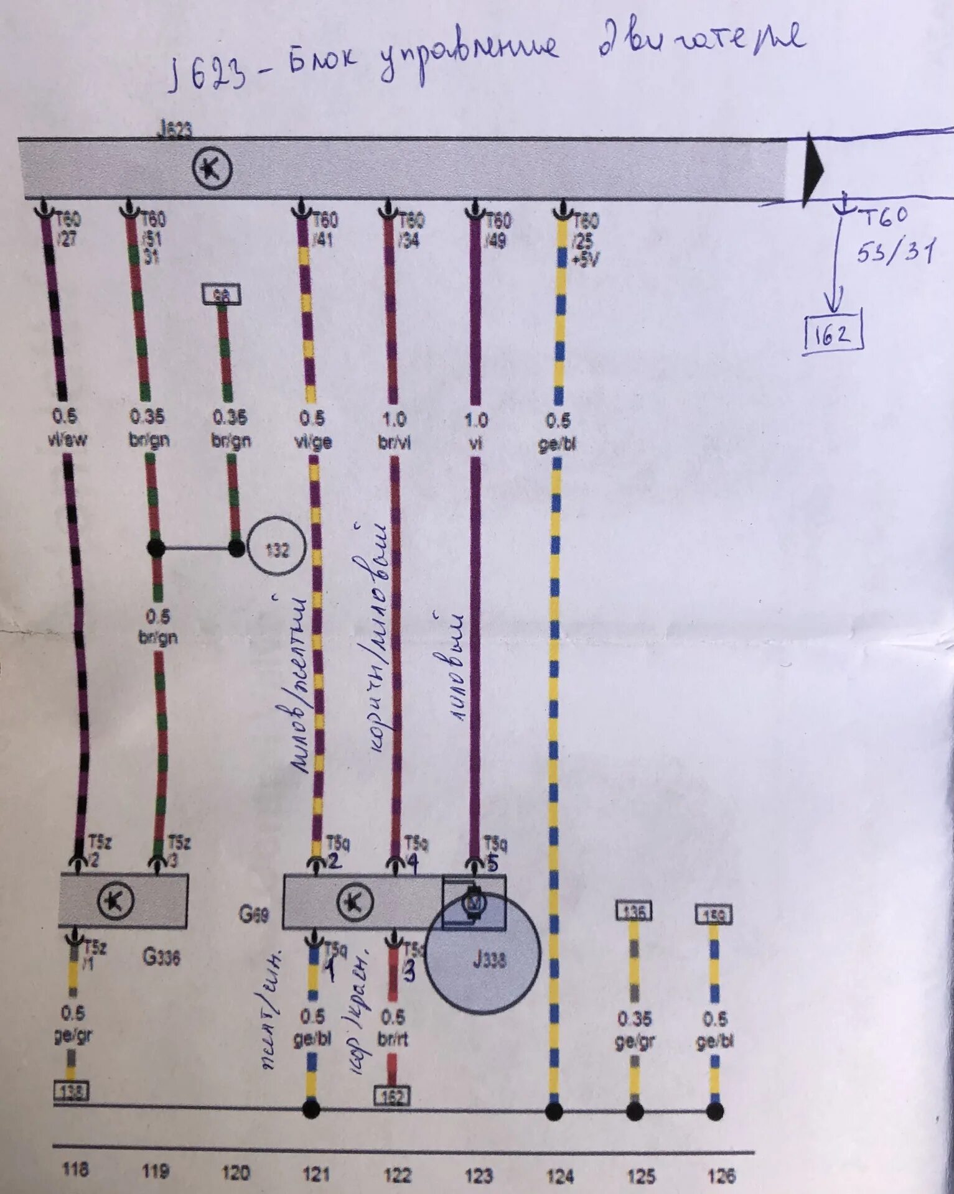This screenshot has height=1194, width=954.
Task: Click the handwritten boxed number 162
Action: click(x=833, y=336)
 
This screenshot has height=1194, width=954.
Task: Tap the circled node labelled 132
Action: click(x=277, y=548)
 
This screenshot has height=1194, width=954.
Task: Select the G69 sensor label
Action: click(x=254, y=914)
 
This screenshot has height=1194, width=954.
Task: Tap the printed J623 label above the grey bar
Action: click(x=175, y=129)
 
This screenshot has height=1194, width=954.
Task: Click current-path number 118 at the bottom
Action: click(x=75, y=1170)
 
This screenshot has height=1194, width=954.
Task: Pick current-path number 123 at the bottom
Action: click(x=479, y=1175)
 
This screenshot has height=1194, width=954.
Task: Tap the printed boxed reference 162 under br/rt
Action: click(x=392, y=1095)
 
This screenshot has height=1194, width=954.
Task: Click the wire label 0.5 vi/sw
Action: click(x=67, y=428)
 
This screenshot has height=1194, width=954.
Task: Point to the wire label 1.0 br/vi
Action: click(x=394, y=430)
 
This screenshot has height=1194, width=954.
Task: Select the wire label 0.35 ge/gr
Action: click(x=634, y=1029)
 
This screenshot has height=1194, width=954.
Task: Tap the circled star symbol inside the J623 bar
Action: click(x=212, y=170)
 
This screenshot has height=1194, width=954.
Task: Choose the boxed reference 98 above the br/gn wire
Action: click(x=222, y=295)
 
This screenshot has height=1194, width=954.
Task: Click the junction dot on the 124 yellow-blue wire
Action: click(x=554, y=1111)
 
